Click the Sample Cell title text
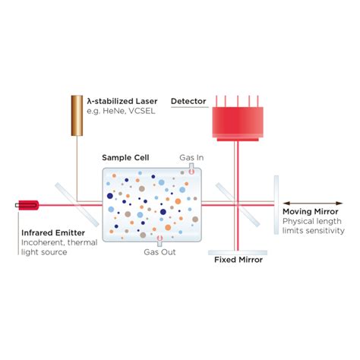pyautogui.click(x=125, y=158)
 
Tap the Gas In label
pyautogui.click(x=191, y=157)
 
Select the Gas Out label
pyautogui.click(x=159, y=252)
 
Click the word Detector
pyautogui.click(x=188, y=101)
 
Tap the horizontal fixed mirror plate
pyautogui.click(x=238, y=248)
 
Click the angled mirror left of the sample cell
pyautogui.click(x=78, y=204)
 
